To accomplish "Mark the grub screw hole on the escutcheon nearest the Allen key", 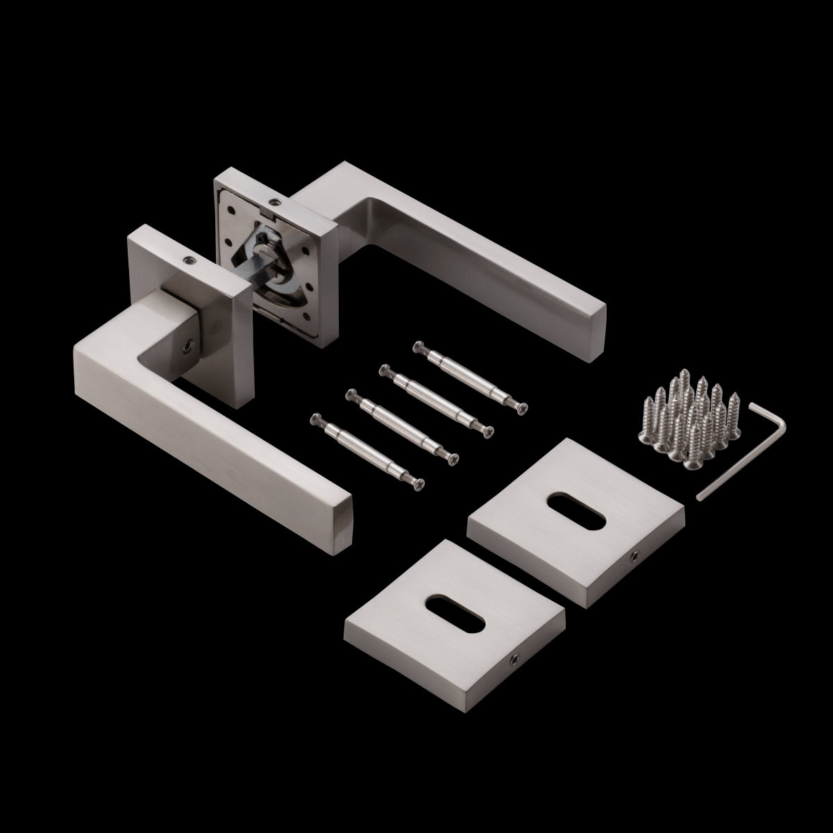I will (x=633, y=557).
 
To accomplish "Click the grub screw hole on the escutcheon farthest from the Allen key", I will (x=515, y=638).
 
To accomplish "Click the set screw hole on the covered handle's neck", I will (x=187, y=344).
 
